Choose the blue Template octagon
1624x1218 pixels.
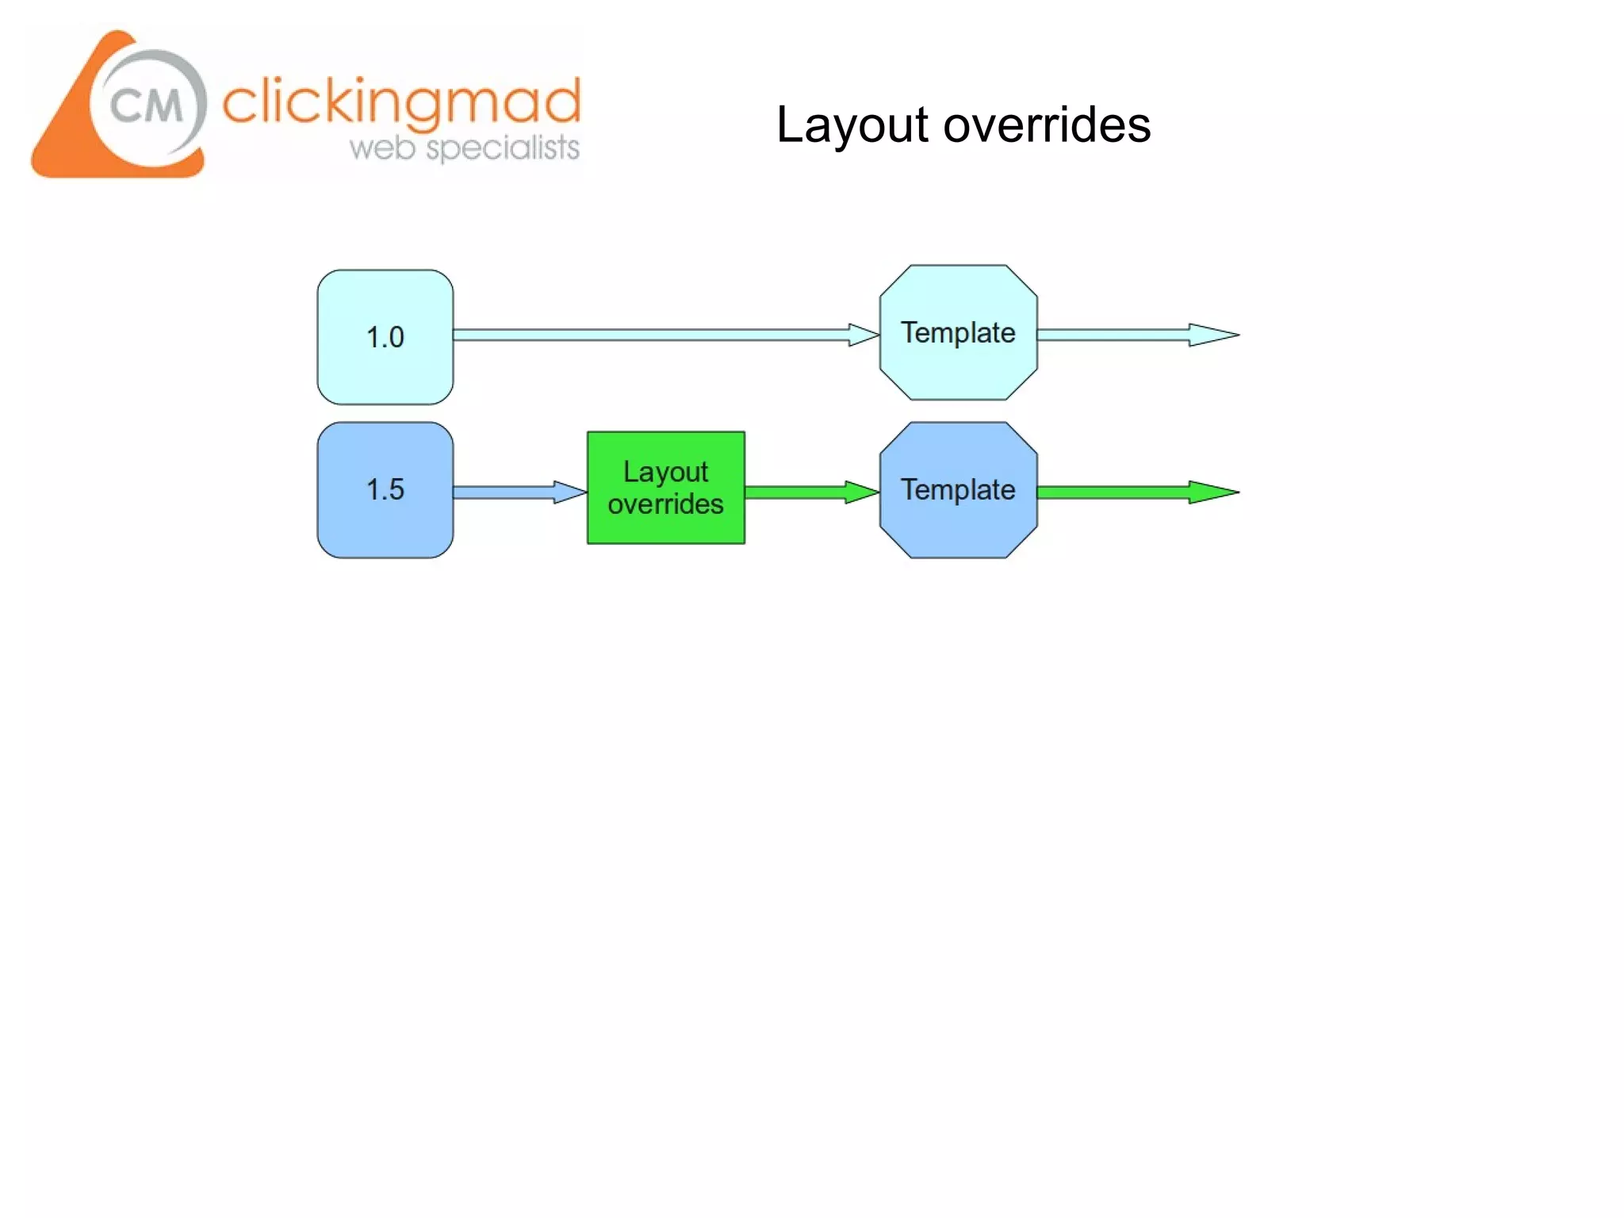coord(958,527)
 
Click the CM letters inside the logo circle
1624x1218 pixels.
coord(146,105)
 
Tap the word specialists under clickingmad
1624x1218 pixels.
coord(503,148)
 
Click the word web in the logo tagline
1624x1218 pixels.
coord(382,148)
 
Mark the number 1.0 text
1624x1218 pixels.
coord(385,338)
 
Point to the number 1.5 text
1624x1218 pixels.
coord(385,489)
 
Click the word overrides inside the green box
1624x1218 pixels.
coord(665,504)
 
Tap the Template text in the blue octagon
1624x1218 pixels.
coord(958,490)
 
